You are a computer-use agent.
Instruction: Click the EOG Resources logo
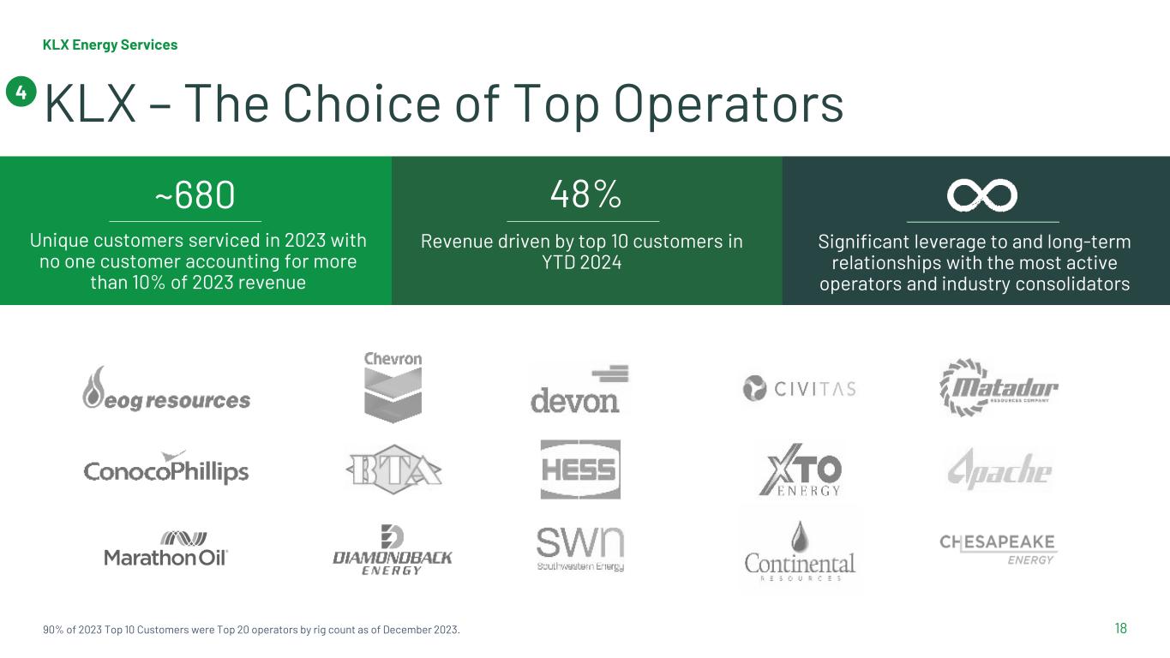point(166,388)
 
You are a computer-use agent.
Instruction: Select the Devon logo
point(579,389)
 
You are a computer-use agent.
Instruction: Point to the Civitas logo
point(799,388)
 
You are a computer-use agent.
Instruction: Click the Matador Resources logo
point(999,387)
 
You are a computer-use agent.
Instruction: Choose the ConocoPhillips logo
point(166,468)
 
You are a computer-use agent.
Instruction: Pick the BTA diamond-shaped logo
point(393,469)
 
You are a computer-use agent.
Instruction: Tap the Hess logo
point(580,470)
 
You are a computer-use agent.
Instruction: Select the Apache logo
point(999,469)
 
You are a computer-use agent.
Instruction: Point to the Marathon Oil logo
point(165,549)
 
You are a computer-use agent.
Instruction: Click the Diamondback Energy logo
point(393,550)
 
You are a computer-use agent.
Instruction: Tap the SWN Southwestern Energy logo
point(580,549)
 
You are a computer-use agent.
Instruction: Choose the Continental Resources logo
point(800,551)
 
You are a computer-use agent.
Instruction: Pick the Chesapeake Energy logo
point(998,549)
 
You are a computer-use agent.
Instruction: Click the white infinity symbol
point(982,196)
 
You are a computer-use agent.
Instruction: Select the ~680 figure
point(195,195)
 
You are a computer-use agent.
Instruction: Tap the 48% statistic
point(585,194)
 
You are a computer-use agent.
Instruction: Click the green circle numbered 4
point(21,92)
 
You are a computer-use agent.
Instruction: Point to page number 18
point(1120,628)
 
